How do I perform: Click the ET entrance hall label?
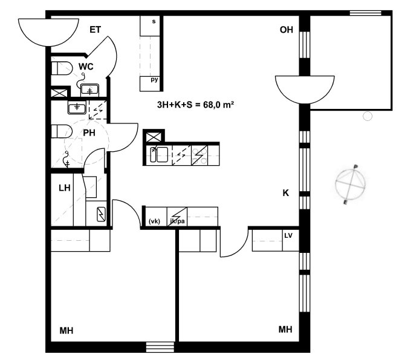coord(95,30)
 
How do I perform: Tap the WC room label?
coord(86,67)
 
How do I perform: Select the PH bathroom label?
coord(89,133)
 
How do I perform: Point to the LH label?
coord(64,188)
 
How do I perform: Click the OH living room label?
coord(287,30)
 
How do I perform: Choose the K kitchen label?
coord(286,193)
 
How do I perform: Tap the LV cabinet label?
coord(288,236)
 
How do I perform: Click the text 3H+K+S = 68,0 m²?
coord(195,105)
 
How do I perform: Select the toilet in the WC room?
coord(62,68)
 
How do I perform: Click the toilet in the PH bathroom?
coord(62,131)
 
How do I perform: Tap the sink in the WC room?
coord(89,90)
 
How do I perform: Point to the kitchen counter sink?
coord(159,154)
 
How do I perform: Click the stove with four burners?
coord(199,155)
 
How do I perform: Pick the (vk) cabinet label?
coord(154,221)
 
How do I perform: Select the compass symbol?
coord(351,184)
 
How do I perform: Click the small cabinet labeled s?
coord(150,25)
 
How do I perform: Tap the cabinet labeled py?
coord(150,83)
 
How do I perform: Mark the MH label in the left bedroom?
coord(66,331)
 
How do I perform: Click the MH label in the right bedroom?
coord(285,330)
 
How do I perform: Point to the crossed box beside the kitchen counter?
coord(154,137)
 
